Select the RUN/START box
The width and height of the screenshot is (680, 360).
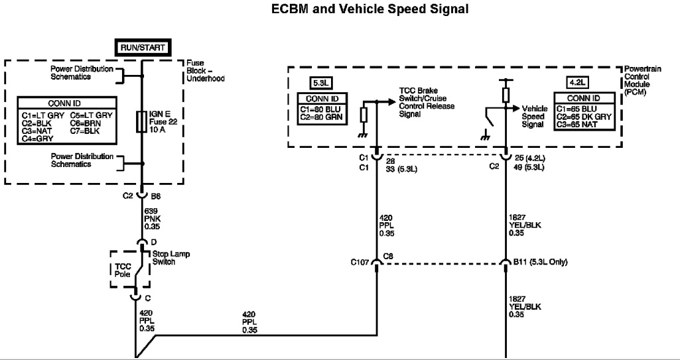[142, 47]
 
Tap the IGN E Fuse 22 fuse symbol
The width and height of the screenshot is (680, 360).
[142, 122]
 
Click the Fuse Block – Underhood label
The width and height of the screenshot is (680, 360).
[206, 70]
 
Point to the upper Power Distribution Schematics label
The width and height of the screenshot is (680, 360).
[82, 72]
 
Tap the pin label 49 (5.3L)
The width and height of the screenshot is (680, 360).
[529, 167]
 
